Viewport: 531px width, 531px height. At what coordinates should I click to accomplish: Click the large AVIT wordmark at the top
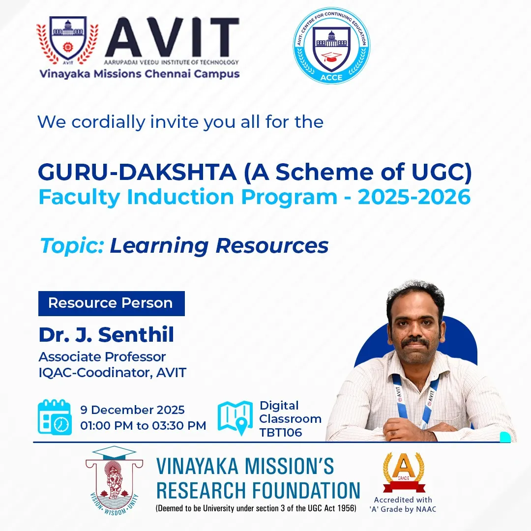pyautogui.click(x=172, y=38)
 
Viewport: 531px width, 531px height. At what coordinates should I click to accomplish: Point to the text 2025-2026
pyautogui.click(x=414, y=197)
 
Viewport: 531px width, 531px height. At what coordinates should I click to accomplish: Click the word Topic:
pyautogui.click(x=72, y=245)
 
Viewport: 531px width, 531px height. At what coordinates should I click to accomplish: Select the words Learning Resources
pyautogui.click(x=219, y=245)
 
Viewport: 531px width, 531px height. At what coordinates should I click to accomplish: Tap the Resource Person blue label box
pyautogui.click(x=111, y=303)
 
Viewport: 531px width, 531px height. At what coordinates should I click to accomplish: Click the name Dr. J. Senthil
pyautogui.click(x=106, y=335)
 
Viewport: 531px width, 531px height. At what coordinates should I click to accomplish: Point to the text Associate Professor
pyautogui.click(x=102, y=356)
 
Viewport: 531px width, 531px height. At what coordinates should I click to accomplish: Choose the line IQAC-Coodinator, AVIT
pyautogui.click(x=113, y=372)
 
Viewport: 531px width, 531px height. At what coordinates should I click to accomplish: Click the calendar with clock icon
pyautogui.click(x=55, y=417)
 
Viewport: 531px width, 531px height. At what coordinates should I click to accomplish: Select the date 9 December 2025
pyautogui.click(x=133, y=410)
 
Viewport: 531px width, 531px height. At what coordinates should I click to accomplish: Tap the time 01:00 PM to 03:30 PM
pyautogui.click(x=143, y=425)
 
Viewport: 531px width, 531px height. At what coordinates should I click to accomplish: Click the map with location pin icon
pyautogui.click(x=235, y=418)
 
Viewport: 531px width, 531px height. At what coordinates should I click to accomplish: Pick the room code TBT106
pyautogui.click(x=281, y=433)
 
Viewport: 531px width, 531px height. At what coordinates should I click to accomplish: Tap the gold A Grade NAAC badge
pyautogui.click(x=404, y=472)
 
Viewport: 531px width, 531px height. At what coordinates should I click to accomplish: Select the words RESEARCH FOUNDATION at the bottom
pyautogui.click(x=258, y=490)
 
